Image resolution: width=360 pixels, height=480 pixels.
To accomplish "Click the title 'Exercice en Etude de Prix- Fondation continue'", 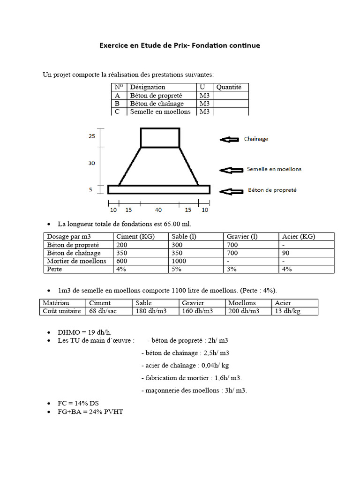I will (x=179, y=45).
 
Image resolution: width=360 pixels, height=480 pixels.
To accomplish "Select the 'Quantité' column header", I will (x=228, y=87).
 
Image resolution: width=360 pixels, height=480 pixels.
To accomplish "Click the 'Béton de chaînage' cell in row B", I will (x=157, y=103).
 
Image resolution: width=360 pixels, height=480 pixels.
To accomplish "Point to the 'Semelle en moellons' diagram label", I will (x=274, y=169).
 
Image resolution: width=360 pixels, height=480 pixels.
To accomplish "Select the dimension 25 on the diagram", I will (x=91, y=136).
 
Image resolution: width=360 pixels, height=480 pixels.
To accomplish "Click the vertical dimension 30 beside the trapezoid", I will (x=91, y=163).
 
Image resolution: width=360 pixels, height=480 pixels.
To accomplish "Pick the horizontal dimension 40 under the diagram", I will (x=159, y=210).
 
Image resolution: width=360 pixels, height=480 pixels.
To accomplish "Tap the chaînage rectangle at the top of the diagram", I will (x=160, y=138).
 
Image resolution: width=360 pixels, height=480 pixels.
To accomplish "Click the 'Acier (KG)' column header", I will (x=298, y=236).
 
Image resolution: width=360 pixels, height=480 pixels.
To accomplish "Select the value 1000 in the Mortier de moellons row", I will (x=179, y=261).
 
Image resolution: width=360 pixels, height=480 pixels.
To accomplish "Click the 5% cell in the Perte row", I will (x=176, y=269).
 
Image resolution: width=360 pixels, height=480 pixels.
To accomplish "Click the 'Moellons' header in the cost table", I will (x=242, y=303).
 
